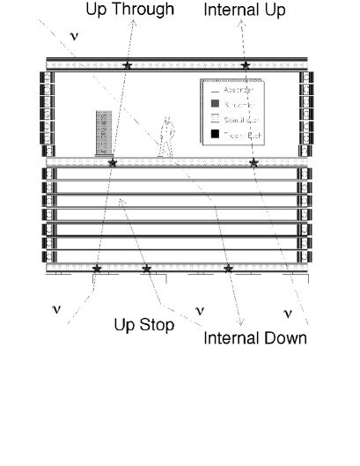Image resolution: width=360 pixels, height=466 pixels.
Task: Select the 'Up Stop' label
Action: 144,325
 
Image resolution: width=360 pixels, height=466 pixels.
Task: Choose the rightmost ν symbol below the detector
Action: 288,312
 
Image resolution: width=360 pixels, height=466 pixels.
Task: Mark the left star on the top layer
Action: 128,65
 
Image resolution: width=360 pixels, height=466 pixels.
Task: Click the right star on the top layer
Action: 246,65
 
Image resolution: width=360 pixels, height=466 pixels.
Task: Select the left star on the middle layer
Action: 111,162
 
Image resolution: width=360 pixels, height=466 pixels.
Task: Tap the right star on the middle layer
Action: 253,162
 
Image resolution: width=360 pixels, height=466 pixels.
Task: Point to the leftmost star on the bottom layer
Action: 98,267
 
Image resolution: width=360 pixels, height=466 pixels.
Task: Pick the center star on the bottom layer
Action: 147,267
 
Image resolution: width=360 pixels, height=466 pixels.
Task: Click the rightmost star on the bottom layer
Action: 229,267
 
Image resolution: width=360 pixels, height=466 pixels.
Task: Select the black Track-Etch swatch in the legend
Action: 216,136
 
